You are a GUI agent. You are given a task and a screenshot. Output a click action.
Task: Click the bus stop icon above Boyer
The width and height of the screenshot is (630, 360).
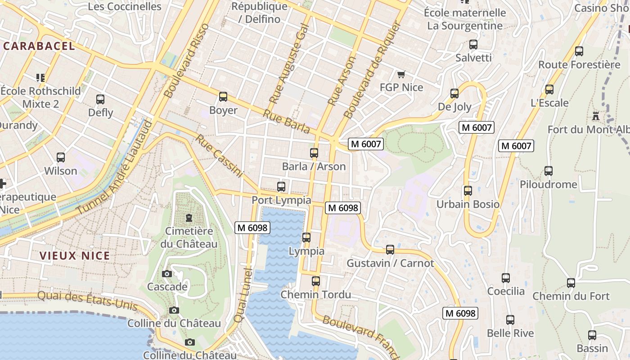223,97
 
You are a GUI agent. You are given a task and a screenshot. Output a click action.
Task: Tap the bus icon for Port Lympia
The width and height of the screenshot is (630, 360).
281,186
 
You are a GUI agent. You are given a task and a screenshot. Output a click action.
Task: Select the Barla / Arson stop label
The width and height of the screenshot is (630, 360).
314,166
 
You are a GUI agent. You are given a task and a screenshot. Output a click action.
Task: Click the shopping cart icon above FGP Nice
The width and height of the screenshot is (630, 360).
401,74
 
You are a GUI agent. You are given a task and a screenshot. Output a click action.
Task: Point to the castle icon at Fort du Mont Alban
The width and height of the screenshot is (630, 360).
596,116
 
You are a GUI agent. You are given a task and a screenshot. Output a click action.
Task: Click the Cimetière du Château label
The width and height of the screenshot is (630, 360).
189,238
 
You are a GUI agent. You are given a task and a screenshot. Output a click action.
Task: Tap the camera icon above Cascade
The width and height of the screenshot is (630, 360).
167,274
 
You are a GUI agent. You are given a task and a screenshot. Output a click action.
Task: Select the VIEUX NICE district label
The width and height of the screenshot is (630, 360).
75,256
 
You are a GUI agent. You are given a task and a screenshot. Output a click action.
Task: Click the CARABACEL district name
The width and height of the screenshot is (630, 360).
39,46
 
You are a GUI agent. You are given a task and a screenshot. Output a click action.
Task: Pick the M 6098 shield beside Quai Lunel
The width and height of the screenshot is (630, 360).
252,228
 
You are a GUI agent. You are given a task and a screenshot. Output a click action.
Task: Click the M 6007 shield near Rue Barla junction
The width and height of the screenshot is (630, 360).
366,144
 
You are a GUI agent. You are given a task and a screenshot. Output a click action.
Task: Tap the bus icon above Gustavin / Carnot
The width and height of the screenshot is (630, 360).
390,249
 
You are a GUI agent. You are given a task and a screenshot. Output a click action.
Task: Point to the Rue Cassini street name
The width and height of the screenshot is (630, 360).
219,156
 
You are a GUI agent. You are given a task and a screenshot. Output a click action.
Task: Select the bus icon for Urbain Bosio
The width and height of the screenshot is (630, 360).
468,191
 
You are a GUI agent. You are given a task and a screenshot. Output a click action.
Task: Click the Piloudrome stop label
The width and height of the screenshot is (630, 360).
548,184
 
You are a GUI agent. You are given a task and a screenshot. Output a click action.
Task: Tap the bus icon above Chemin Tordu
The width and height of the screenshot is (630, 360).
316,281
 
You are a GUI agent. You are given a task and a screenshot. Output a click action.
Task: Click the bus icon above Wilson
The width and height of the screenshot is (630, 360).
61,157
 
